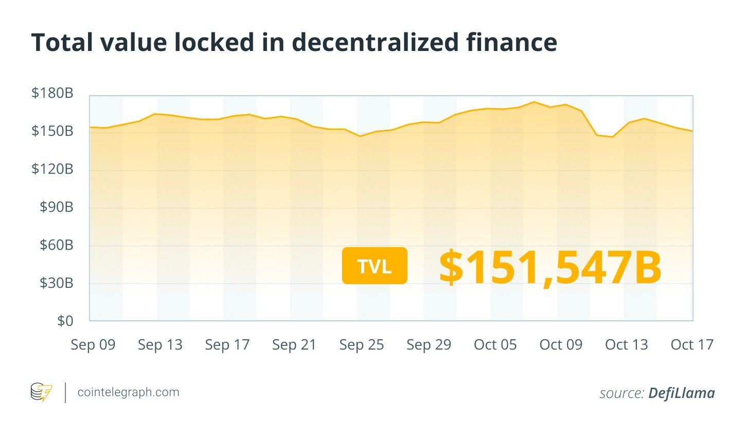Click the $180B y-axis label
[x=52, y=93]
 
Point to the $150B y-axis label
[x=52, y=131]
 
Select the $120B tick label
[x=52, y=169]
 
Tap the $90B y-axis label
[x=57, y=207]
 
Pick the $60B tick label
[x=57, y=245]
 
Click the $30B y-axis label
[x=57, y=283]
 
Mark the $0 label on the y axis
[x=65, y=321]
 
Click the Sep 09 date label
[x=93, y=345]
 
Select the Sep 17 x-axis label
[x=227, y=345]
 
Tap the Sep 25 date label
[x=362, y=345]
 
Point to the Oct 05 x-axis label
[x=495, y=345]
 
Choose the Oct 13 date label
[x=627, y=345]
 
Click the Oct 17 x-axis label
[x=692, y=345]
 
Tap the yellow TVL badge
[x=375, y=266]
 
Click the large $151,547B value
[x=550, y=267]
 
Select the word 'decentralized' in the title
[x=375, y=42]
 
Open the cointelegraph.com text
[x=128, y=392]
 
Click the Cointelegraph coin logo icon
[x=41, y=393]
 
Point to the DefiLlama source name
[x=681, y=393]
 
